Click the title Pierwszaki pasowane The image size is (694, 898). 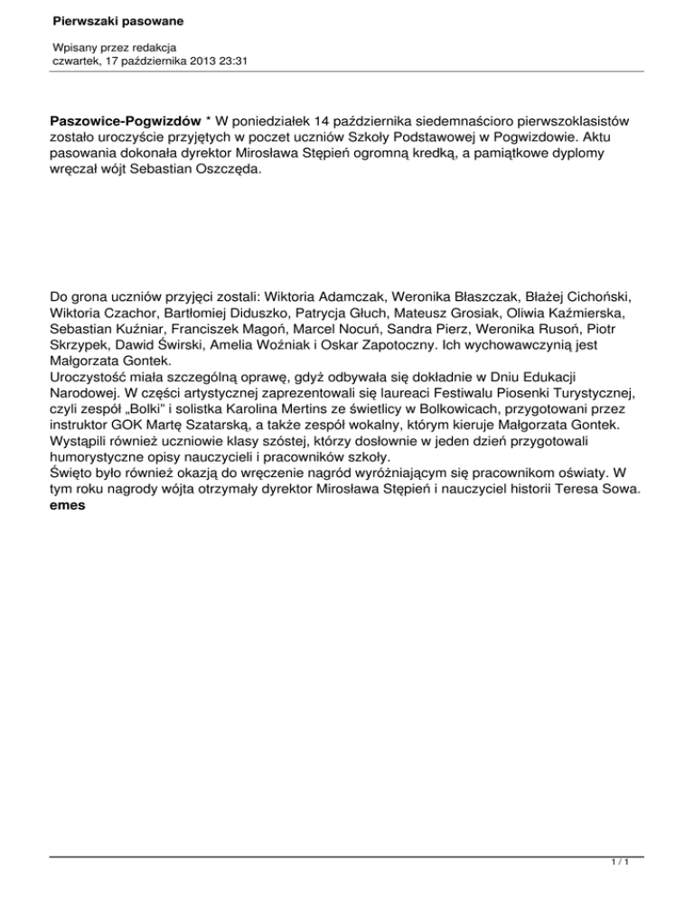pyautogui.click(x=106, y=19)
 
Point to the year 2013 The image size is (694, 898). pyautogui.click(x=195, y=61)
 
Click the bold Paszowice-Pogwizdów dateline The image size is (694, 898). pyautogui.click(x=126, y=120)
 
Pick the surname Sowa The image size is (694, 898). pyautogui.click(x=620, y=491)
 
